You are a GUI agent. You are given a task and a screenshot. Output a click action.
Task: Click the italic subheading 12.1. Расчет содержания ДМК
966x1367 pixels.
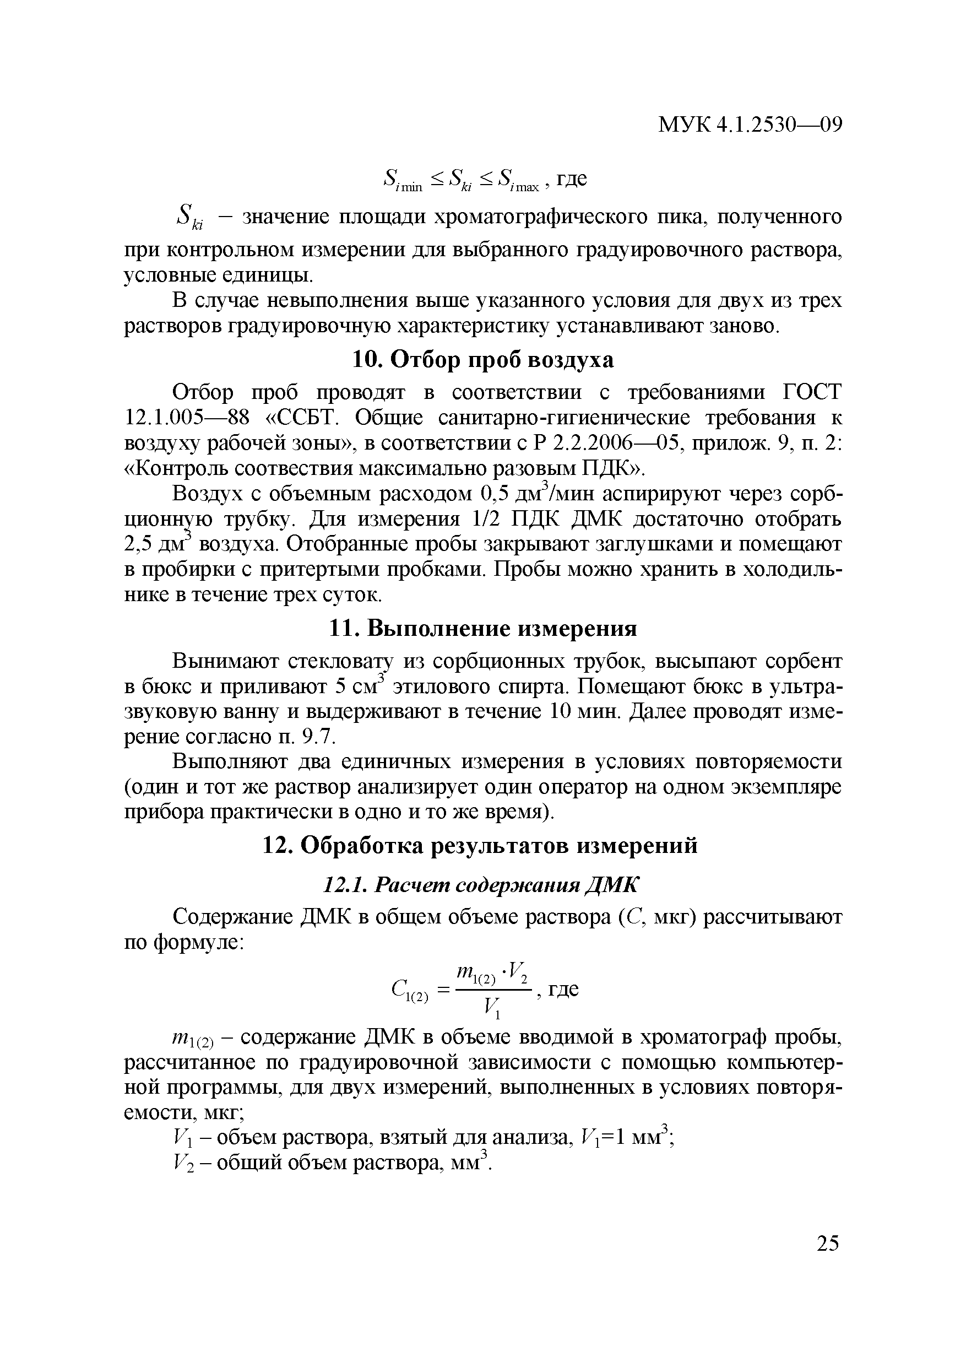pos(480,885)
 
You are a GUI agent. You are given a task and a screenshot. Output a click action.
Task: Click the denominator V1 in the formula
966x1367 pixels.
pos(492,1007)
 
